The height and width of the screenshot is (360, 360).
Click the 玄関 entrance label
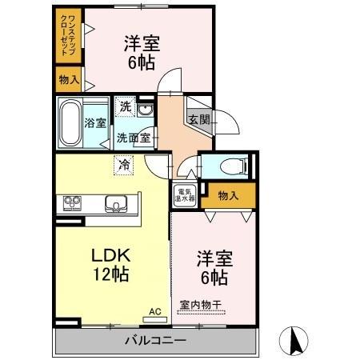pyautogui.click(x=199, y=119)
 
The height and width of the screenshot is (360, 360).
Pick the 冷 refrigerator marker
pyautogui.click(x=123, y=165)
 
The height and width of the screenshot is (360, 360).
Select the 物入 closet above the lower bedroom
pyautogui.click(x=229, y=194)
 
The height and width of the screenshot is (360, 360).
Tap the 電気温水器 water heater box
pyautogui.click(x=184, y=194)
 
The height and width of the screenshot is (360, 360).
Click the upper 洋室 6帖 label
pyautogui.click(x=141, y=53)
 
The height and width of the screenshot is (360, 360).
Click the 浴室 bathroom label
pyautogui.click(x=95, y=123)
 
